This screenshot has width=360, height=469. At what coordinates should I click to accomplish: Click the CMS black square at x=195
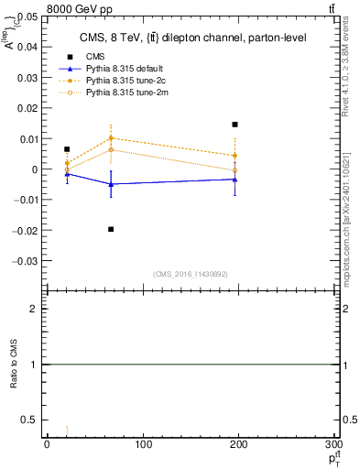tap(235, 125)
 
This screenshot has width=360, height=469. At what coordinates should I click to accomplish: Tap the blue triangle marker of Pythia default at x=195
tap(235, 180)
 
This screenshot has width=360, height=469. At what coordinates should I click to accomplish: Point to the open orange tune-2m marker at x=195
tap(235, 170)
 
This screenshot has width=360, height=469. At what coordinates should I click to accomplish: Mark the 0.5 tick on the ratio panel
tap(33, 420)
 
